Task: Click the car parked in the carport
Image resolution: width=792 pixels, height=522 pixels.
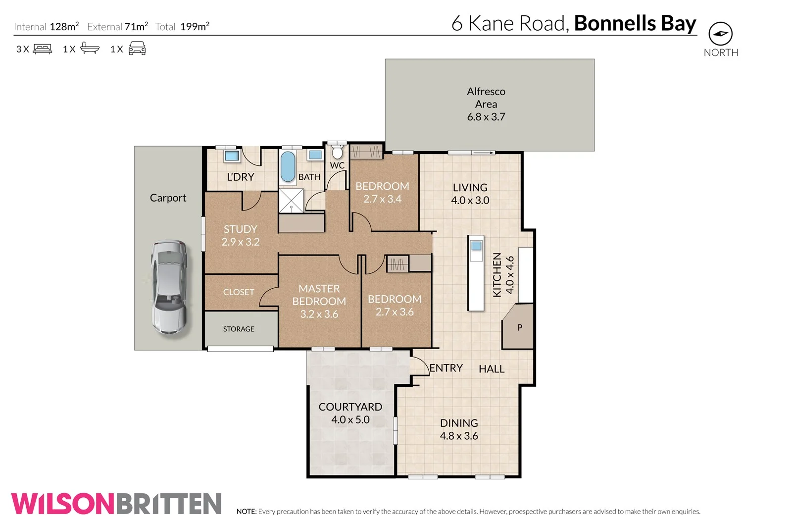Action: pyautogui.click(x=169, y=287)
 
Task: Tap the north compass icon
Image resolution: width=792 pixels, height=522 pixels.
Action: pyautogui.click(x=720, y=34)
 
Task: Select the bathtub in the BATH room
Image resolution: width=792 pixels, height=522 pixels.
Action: pyautogui.click(x=288, y=166)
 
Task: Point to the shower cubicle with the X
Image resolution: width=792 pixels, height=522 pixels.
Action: pyautogui.click(x=291, y=201)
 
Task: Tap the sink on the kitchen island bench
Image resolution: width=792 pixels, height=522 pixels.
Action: pyautogui.click(x=476, y=246)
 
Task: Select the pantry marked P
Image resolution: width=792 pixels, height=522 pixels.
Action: pyautogui.click(x=519, y=327)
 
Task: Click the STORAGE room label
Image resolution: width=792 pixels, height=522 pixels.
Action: pyautogui.click(x=239, y=329)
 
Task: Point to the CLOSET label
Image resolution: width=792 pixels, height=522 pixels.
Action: pyautogui.click(x=239, y=292)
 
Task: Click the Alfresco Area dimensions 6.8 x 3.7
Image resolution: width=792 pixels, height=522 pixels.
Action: pyautogui.click(x=486, y=117)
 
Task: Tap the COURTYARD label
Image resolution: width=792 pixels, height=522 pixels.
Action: pyautogui.click(x=350, y=407)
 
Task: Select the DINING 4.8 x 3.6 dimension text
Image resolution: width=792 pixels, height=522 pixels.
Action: pyautogui.click(x=459, y=436)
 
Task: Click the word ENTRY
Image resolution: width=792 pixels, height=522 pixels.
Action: pyautogui.click(x=446, y=368)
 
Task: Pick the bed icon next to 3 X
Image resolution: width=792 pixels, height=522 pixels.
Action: pyautogui.click(x=43, y=49)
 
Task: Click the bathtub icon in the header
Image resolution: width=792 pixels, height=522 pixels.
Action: pyautogui.click(x=90, y=49)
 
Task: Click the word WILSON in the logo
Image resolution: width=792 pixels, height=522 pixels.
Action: pyautogui.click(x=63, y=504)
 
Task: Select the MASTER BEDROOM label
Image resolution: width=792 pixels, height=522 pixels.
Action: pyautogui.click(x=319, y=295)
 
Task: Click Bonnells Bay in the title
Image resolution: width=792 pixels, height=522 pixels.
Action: pyautogui.click(x=635, y=23)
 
